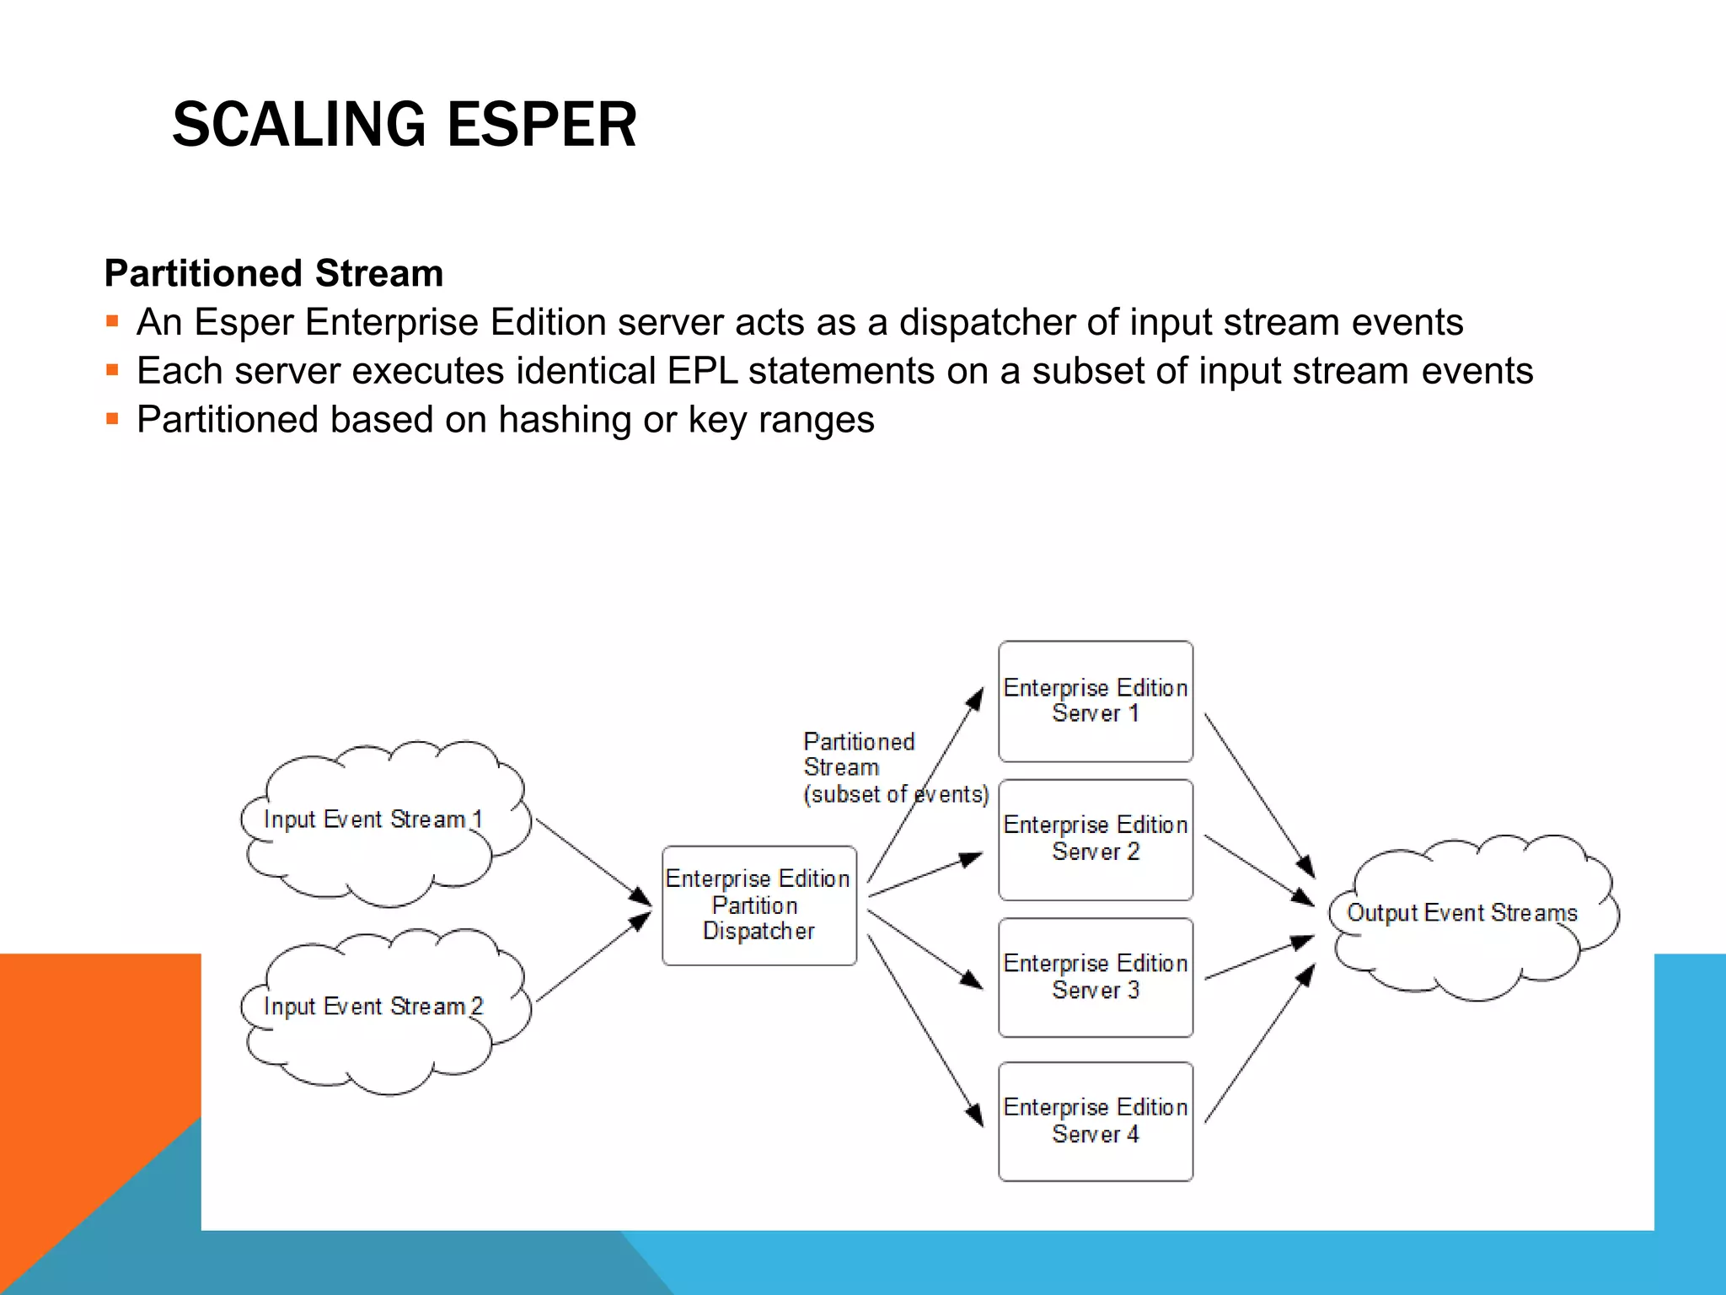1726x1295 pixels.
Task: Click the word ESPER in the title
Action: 541,125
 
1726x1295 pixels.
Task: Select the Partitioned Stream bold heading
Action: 273,273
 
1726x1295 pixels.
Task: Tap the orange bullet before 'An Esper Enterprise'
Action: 112,321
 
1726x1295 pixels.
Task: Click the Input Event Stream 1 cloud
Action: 383,822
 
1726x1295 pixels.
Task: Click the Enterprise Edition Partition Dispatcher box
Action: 758,905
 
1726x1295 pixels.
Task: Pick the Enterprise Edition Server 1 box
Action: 1095,701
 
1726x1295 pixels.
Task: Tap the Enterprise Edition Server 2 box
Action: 1095,839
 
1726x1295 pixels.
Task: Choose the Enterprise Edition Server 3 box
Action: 1095,977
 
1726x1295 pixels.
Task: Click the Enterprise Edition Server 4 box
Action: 1095,1120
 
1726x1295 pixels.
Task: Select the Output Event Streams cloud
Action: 1471,915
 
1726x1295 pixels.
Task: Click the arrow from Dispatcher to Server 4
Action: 925,1029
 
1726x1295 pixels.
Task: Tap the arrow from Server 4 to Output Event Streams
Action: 1259,1045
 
